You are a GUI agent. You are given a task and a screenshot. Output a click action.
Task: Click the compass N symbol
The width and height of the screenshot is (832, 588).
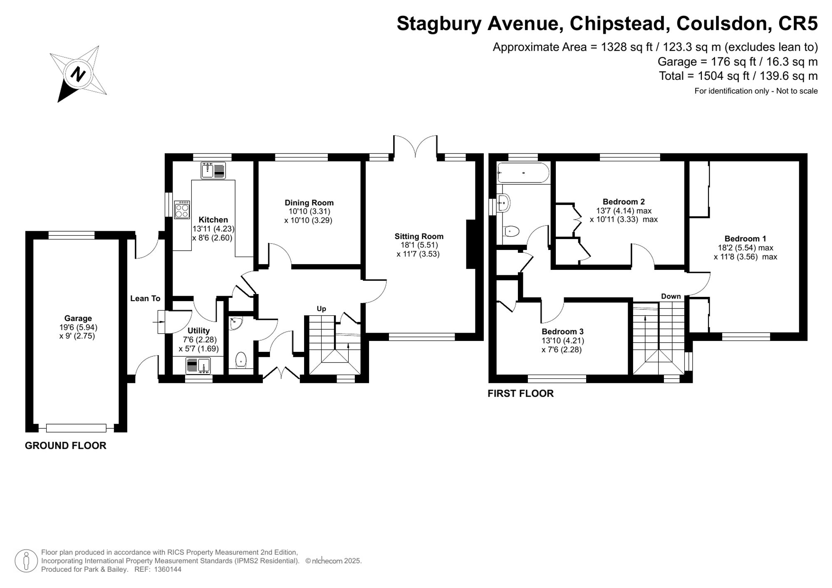point(78,74)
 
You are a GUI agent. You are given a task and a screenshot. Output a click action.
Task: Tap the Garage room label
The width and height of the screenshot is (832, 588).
point(78,319)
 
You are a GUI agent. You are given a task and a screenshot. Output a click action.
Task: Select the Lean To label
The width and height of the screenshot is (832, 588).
point(145,298)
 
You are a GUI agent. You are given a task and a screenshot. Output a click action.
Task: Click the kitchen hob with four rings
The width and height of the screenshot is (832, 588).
point(182,210)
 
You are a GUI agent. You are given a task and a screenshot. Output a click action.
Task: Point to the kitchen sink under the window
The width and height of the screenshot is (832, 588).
point(213,170)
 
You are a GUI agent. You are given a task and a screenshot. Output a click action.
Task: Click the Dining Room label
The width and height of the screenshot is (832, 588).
point(309,203)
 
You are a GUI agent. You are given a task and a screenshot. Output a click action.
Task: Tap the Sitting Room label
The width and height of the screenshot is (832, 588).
point(419,236)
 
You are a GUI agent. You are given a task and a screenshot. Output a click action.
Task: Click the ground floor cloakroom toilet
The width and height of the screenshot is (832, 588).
point(241,360)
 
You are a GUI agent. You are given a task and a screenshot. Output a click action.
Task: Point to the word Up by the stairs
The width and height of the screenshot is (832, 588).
point(321,309)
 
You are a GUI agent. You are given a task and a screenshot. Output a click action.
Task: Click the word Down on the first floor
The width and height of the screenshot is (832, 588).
point(671,296)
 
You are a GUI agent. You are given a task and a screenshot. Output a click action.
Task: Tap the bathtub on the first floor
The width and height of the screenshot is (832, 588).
point(523,173)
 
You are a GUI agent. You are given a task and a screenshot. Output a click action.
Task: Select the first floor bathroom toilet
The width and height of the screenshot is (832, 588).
point(511,231)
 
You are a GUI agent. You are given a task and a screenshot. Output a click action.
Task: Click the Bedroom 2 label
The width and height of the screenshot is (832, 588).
point(624,202)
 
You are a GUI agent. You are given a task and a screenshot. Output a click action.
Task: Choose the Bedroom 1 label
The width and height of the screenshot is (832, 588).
point(745,239)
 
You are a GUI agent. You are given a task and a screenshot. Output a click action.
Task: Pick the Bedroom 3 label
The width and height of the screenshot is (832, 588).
point(562,331)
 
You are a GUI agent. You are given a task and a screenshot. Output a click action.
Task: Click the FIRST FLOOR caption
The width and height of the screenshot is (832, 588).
point(520,393)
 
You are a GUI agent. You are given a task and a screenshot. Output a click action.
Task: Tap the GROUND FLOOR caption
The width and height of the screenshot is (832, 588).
point(66,445)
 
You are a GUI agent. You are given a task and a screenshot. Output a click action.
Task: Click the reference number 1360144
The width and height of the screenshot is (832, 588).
point(168,569)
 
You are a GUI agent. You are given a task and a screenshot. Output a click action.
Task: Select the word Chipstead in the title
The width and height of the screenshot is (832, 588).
point(620,24)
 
